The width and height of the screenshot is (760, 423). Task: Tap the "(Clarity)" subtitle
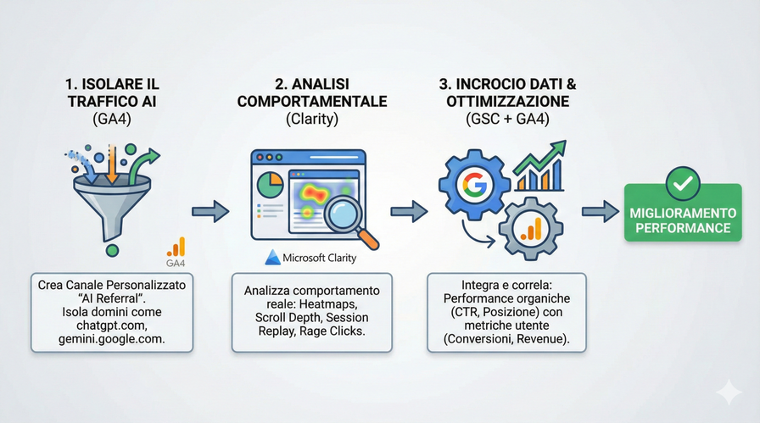tap(311, 120)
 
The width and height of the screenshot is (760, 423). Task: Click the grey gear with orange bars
tap(532, 227)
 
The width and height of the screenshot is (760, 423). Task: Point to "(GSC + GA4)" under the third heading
tap(508, 120)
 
